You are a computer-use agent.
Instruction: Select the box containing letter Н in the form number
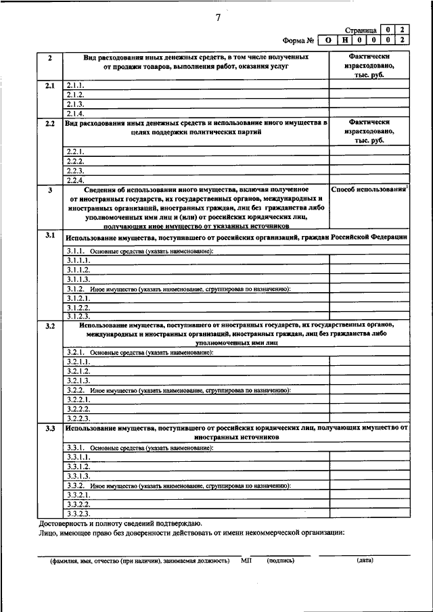[x=345, y=41]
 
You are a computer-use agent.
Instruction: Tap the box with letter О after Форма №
[x=328, y=41]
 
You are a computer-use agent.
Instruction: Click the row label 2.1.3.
[x=75, y=104]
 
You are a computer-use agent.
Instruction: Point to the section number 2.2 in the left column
[x=49, y=124]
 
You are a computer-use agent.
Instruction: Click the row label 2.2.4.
[x=75, y=180]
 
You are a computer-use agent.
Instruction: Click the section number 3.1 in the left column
[x=49, y=235]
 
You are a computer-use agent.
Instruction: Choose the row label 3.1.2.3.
[x=78, y=316]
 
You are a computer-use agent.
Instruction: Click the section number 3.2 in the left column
[x=49, y=327]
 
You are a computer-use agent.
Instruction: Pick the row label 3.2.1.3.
[x=78, y=381]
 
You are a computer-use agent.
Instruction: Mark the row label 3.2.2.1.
[x=78, y=400]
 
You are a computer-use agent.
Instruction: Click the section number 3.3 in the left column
[x=49, y=429]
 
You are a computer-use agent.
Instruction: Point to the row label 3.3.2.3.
[x=78, y=513]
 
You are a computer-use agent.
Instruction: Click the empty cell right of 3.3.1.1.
[x=370, y=457]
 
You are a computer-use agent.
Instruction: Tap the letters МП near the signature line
[x=246, y=561]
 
